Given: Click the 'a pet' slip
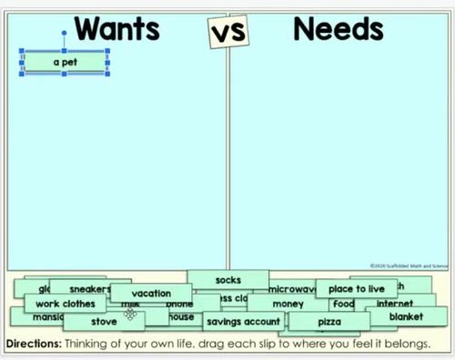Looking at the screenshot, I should [64, 62].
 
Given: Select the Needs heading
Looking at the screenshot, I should [338, 29].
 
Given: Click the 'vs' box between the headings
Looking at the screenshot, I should [227, 34].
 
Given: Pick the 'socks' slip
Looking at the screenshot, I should [227, 280].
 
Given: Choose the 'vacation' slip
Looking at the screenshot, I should [151, 294].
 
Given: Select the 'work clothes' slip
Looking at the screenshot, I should [65, 304].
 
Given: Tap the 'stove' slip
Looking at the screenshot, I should [104, 321].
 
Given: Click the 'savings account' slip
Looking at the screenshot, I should [242, 322].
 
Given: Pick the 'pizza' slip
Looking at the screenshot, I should [329, 322].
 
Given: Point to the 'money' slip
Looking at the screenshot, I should [288, 304].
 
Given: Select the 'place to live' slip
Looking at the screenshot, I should [357, 289].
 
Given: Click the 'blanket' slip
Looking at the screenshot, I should [406, 317].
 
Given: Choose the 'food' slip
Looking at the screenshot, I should [343, 304].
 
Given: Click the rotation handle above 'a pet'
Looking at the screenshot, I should [64, 34].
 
